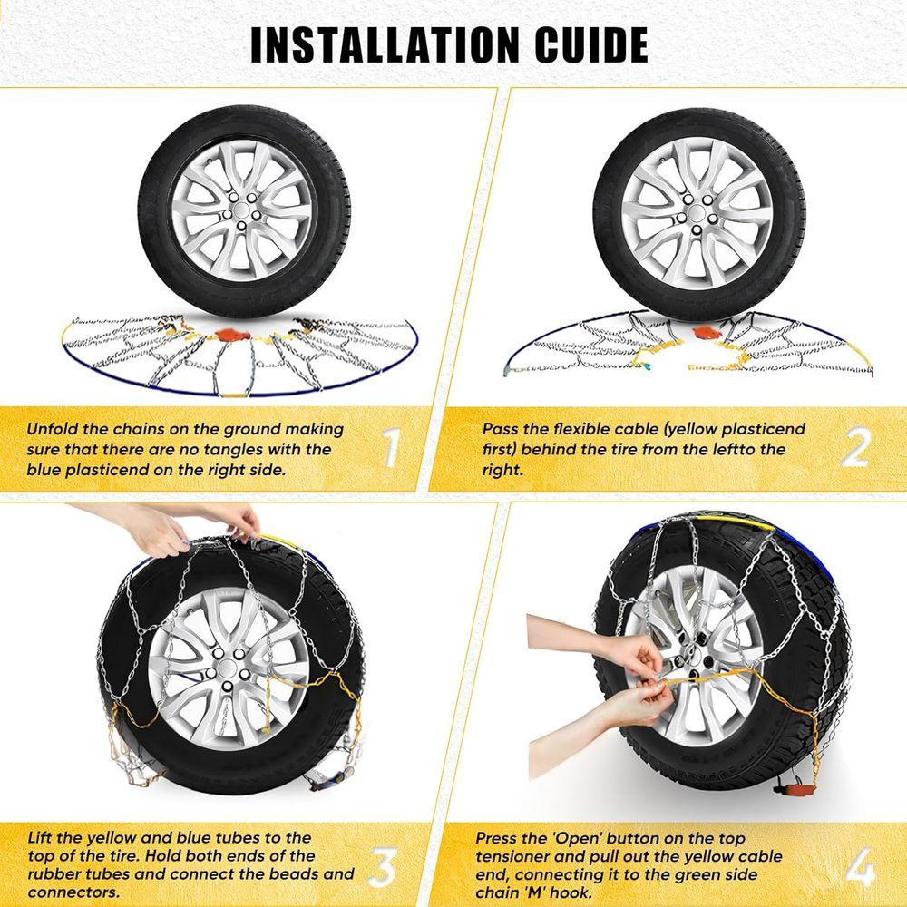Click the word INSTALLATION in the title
pos(384,44)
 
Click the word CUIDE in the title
pos(591,44)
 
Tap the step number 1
pos(391,448)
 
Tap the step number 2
pos(855,448)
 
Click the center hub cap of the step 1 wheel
pos(243,211)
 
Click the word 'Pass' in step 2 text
pos(502,429)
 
